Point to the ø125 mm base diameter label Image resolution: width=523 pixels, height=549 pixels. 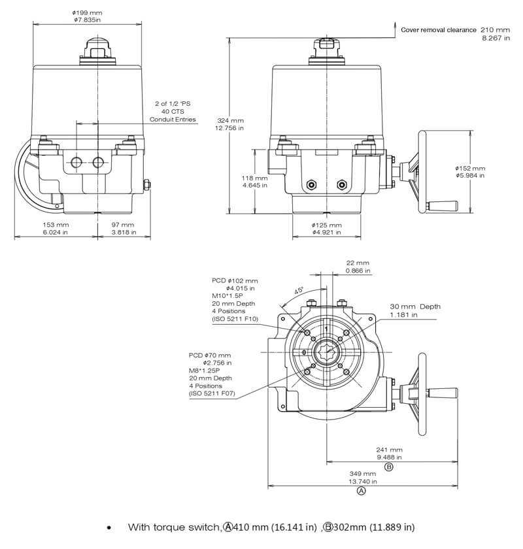point(327,225)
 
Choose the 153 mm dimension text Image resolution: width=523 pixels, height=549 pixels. point(56,225)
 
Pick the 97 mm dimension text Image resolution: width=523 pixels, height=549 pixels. point(122,225)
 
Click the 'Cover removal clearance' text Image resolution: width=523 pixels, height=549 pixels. point(437,29)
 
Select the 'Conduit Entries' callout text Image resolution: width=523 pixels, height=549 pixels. point(173,120)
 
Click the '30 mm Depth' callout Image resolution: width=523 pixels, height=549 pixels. point(415,307)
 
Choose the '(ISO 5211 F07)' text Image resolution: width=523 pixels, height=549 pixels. point(212,394)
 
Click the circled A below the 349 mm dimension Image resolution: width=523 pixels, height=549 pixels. point(362,490)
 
